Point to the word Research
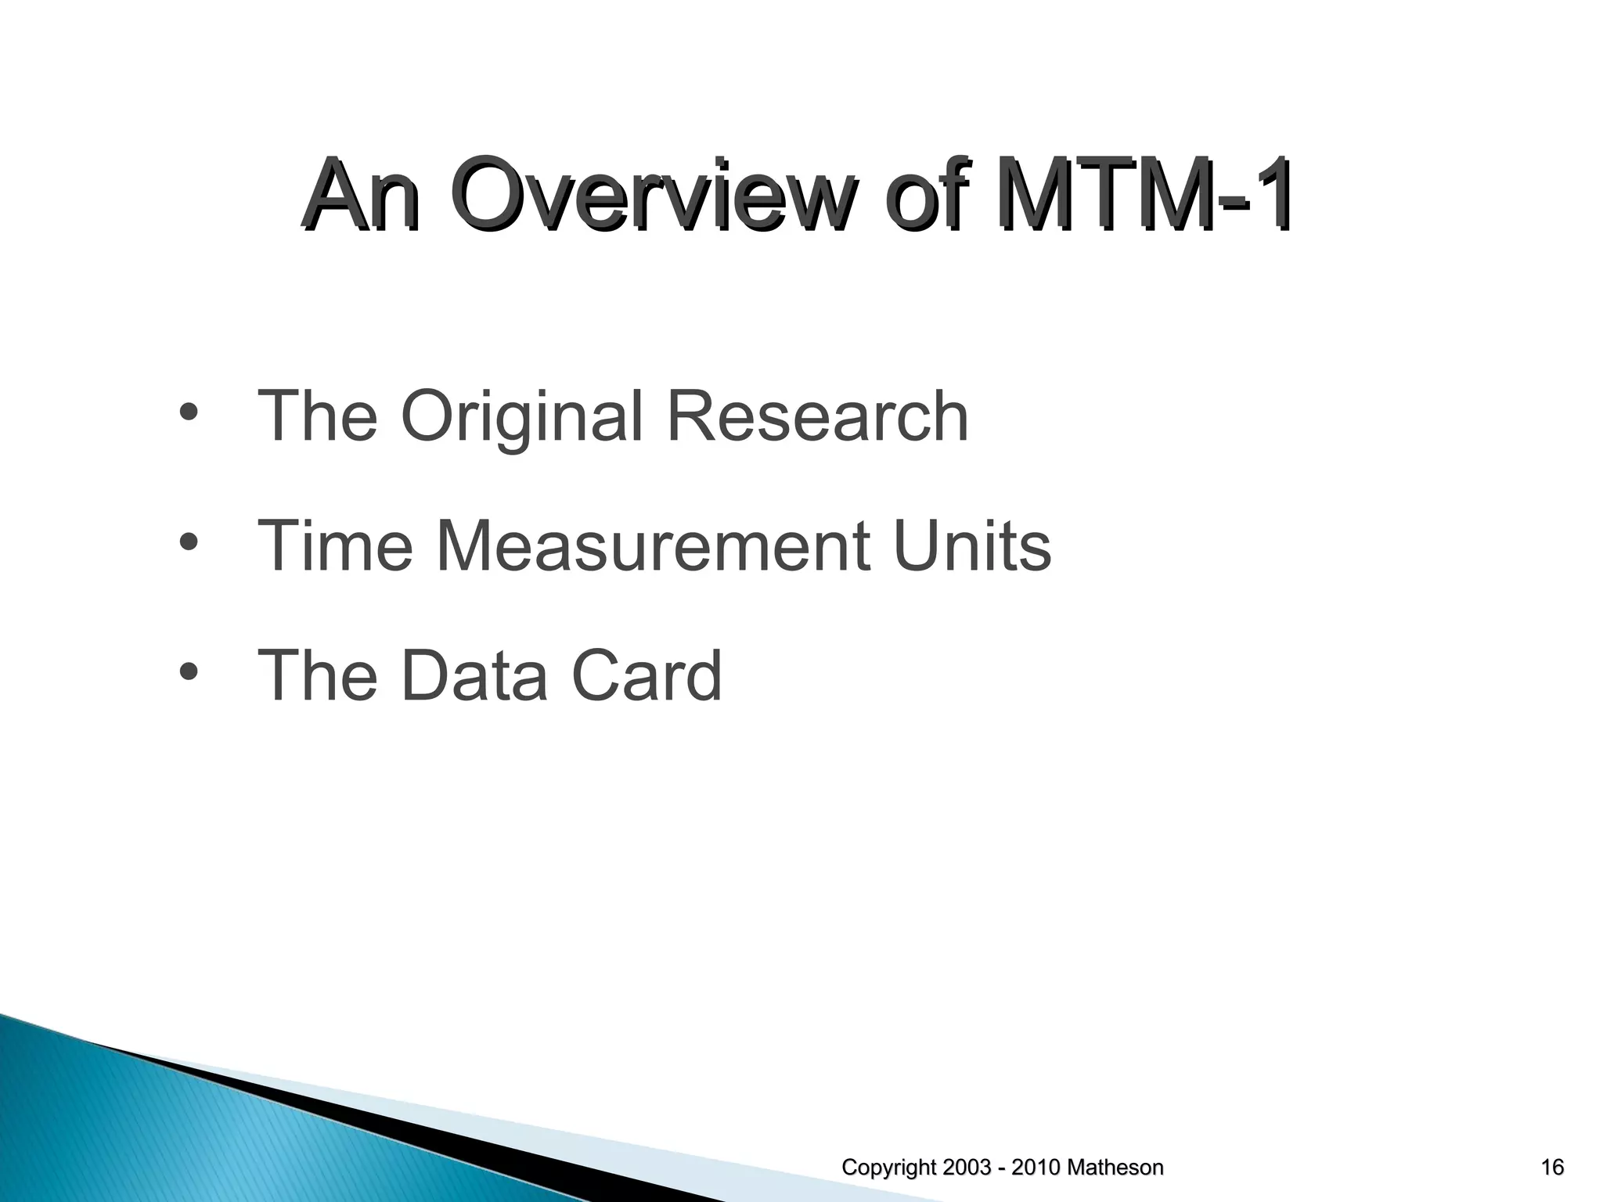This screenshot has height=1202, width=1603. [x=817, y=416]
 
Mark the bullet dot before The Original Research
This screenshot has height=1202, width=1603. [x=188, y=412]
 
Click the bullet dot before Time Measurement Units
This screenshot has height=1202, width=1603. [x=188, y=542]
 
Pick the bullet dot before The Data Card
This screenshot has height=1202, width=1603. [x=188, y=671]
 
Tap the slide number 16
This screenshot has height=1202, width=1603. [x=1551, y=1168]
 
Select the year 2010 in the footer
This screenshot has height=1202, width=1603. [x=1037, y=1168]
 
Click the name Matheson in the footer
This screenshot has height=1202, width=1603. [x=1115, y=1168]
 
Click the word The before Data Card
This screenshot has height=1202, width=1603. [x=318, y=675]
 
